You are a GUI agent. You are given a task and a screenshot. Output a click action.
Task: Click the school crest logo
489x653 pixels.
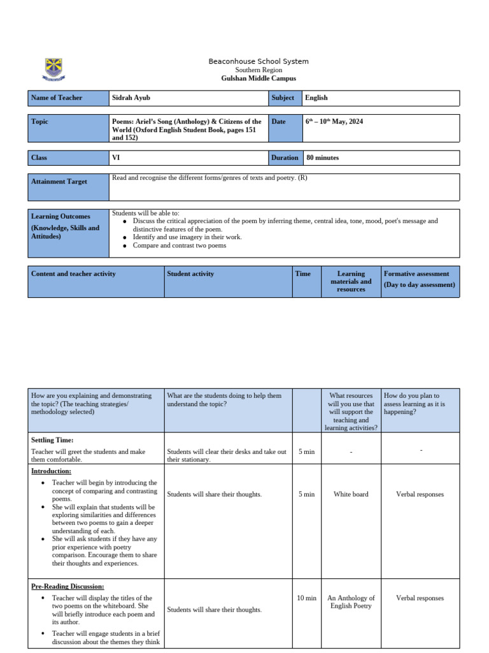[53, 69]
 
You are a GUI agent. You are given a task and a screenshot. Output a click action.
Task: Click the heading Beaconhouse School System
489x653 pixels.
[259, 61]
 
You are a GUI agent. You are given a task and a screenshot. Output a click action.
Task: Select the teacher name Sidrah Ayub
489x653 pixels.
[132, 98]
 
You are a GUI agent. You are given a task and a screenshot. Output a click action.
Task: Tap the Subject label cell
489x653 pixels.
[284, 98]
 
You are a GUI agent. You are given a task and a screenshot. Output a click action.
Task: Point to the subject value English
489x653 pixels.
[316, 98]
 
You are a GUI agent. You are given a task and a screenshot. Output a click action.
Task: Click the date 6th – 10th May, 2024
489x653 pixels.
[334, 121]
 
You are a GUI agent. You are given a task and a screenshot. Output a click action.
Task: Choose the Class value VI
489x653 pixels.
[116, 158]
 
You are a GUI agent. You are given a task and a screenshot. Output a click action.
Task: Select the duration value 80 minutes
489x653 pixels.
[323, 158]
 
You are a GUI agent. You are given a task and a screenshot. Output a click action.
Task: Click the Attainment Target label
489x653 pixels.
[59, 182]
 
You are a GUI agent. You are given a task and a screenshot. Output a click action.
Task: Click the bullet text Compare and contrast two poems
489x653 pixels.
[179, 245]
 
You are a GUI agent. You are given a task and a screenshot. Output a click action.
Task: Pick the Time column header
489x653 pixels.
[303, 274]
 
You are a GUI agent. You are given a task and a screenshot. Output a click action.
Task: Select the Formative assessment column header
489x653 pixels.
[420, 279]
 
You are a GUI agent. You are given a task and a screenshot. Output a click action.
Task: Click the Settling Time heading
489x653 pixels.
[52, 440]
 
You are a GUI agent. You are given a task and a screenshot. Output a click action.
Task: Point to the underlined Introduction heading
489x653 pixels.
[51, 471]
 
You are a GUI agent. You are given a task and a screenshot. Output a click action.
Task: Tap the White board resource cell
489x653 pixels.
[351, 494]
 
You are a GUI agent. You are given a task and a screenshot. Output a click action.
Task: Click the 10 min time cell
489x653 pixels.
[306, 598]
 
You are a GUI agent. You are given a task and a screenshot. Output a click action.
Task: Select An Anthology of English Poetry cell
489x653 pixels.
[351, 602]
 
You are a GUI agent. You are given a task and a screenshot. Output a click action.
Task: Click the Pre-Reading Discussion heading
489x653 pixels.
[67, 586]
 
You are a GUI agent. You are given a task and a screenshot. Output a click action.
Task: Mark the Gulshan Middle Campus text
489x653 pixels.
[259, 78]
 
